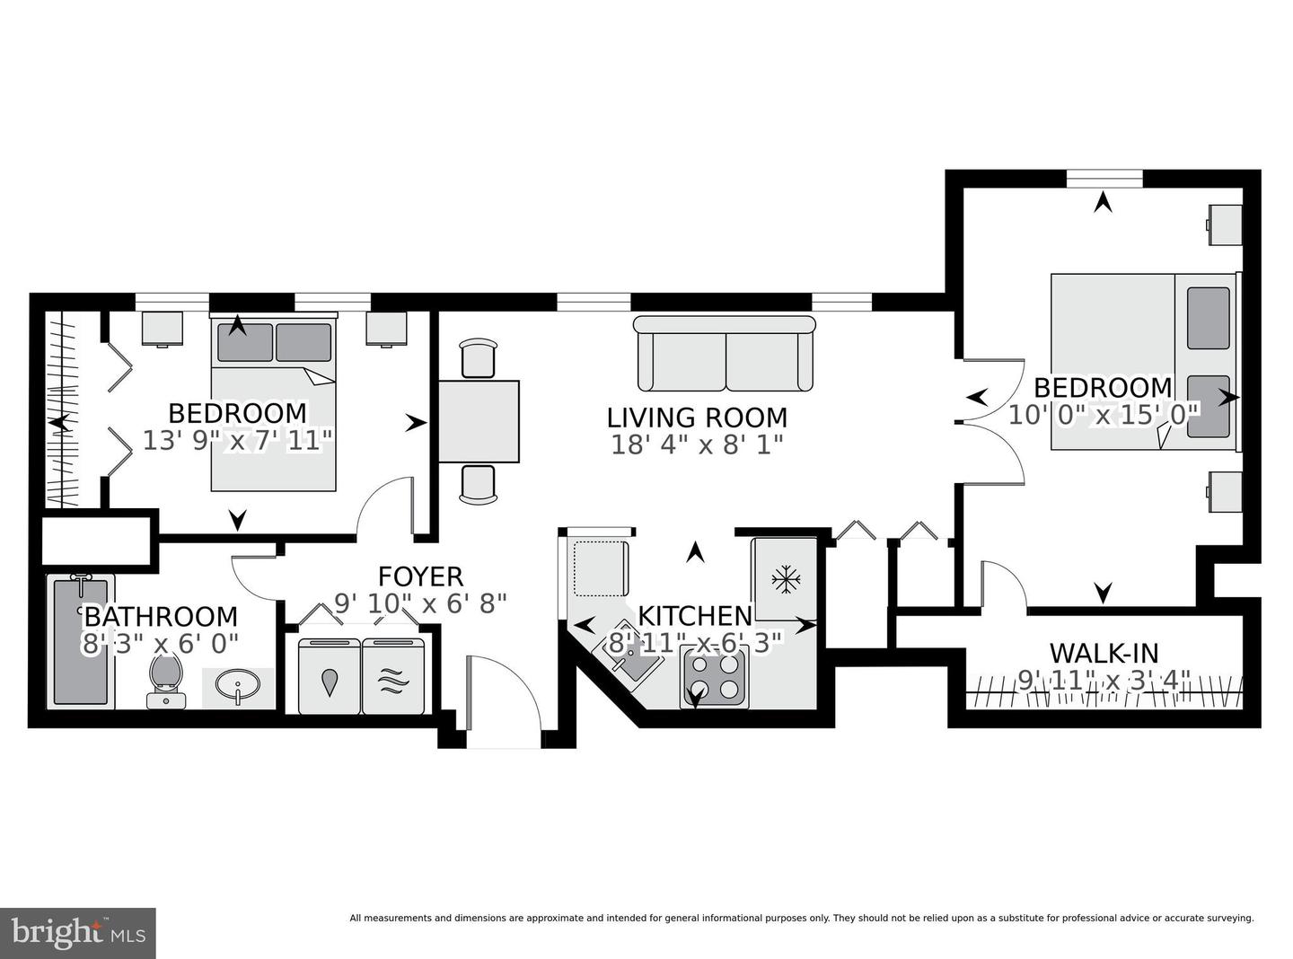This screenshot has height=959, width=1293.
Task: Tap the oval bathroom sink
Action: click(238, 688)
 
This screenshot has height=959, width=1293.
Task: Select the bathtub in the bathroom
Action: click(81, 641)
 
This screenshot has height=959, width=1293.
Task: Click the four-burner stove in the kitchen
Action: click(716, 677)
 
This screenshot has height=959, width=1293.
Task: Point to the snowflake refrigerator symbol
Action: click(786, 579)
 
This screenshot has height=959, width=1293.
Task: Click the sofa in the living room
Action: click(723, 354)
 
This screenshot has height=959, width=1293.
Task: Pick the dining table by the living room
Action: click(479, 421)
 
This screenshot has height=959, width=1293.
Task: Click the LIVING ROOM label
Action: click(697, 418)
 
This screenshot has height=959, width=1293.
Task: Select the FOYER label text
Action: click(420, 576)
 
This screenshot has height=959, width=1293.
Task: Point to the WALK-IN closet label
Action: click(1104, 653)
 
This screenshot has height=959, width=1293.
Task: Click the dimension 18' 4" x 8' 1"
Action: click(697, 444)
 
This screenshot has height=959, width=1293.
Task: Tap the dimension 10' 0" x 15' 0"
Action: click(1104, 415)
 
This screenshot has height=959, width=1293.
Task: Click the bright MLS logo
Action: click(78, 933)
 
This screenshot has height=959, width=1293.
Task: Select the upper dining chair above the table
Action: click(477, 358)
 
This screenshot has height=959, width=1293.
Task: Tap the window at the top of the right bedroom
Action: click(1104, 178)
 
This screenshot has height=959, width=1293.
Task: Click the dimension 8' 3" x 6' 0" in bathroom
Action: click(160, 644)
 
